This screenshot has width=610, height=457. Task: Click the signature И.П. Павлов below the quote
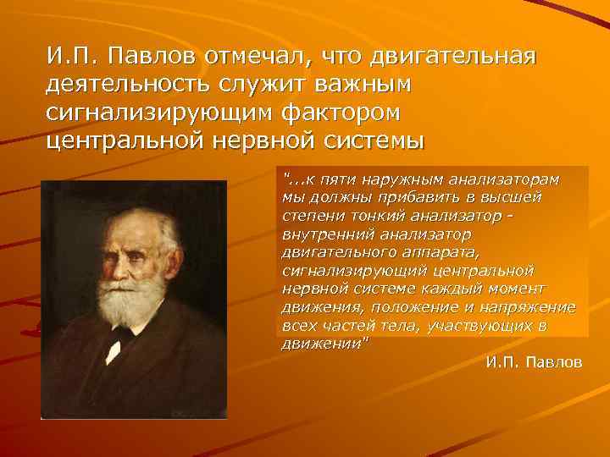(534, 362)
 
